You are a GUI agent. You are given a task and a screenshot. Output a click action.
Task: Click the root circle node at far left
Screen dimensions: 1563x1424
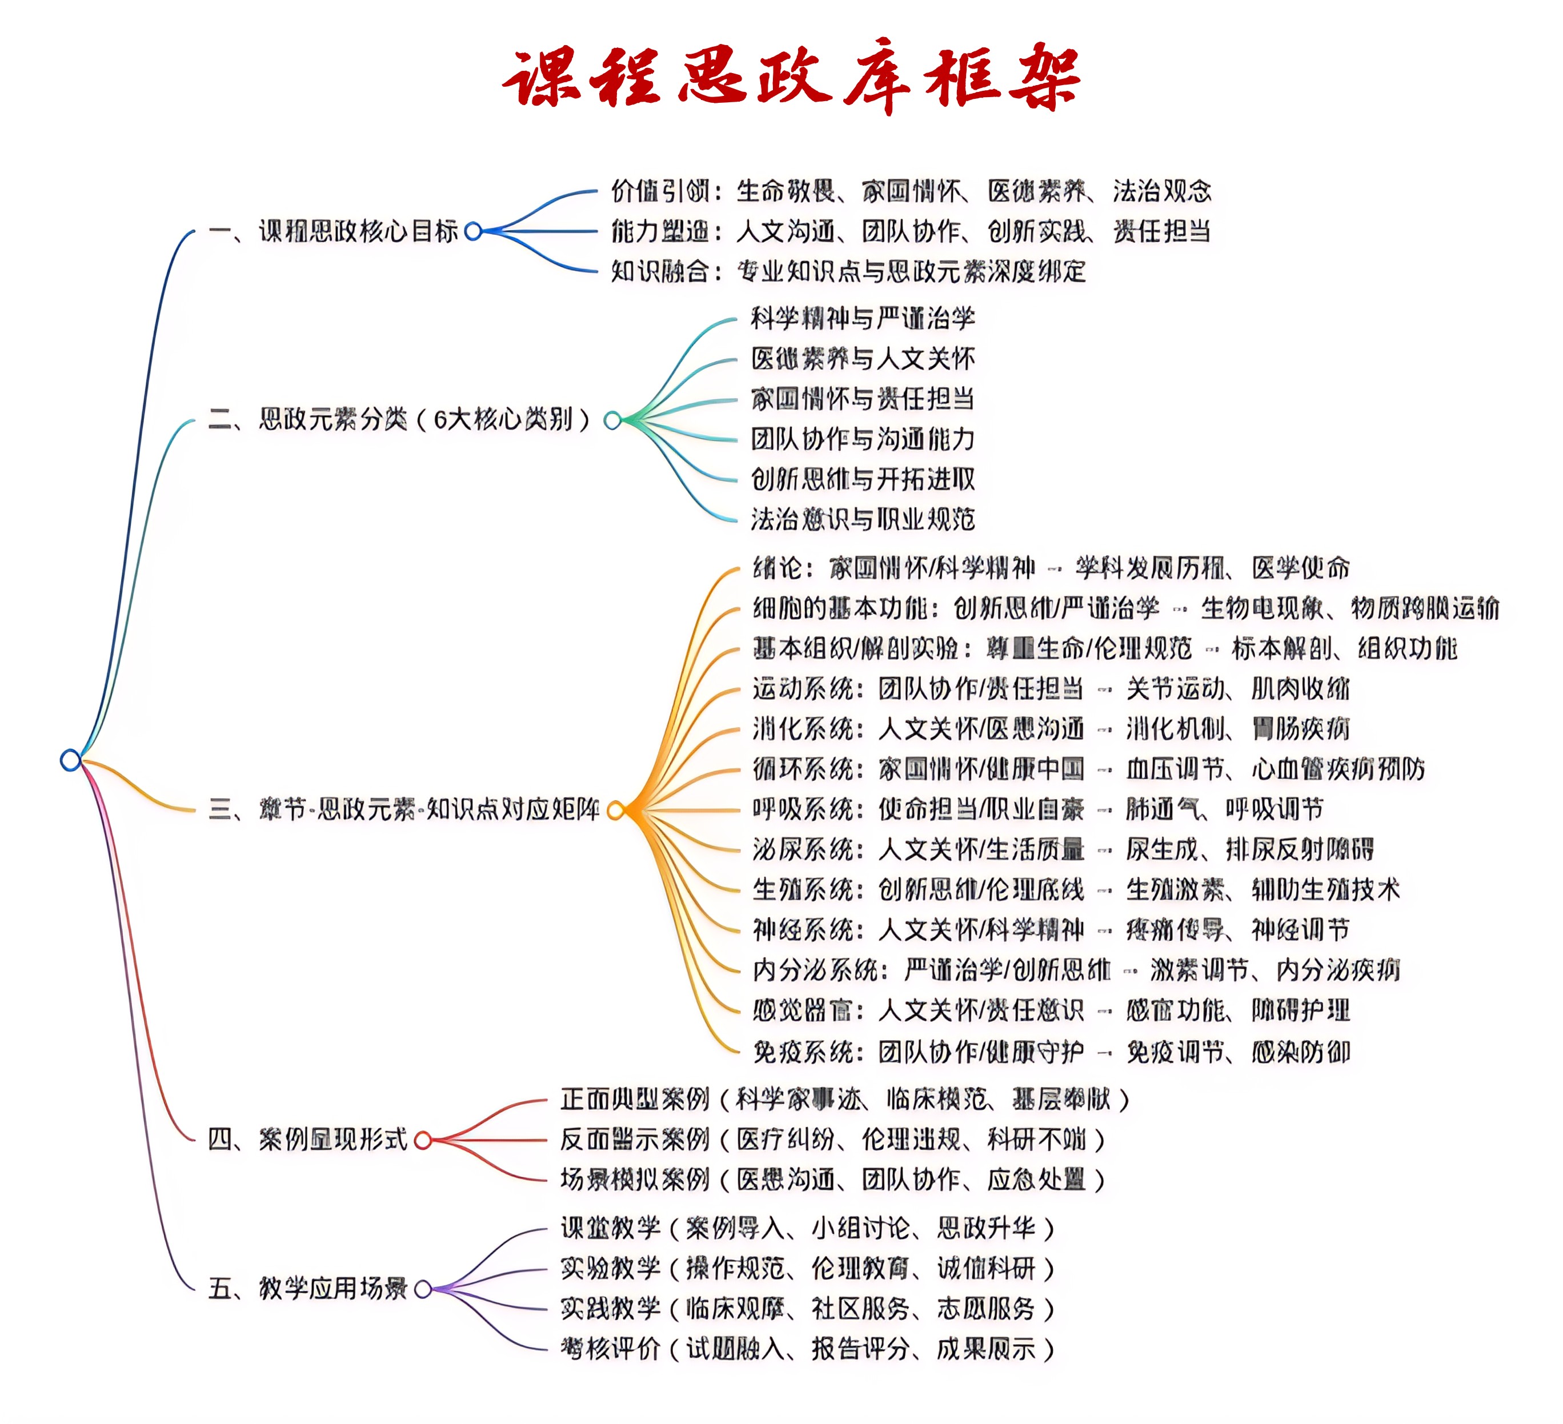coord(71,760)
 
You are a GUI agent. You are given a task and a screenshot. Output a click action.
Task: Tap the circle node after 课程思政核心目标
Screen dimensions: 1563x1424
coord(473,231)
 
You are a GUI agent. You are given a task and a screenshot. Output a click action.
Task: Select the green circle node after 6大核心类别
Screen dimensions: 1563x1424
coord(612,420)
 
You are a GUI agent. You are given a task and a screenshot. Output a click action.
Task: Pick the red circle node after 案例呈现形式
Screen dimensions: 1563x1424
coord(423,1140)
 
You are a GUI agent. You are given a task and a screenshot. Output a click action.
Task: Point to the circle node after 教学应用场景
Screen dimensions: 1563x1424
coord(423,1289)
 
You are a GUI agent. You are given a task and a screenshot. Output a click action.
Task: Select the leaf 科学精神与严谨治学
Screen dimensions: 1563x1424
coord(862,318)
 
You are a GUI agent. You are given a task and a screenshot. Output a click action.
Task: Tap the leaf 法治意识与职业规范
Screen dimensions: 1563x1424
coord(862,519)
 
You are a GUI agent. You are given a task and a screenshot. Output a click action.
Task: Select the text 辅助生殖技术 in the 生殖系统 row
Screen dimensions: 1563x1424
coord(1326,889)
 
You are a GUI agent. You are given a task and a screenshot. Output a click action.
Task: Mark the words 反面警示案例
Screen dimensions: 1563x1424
coord(634,1140)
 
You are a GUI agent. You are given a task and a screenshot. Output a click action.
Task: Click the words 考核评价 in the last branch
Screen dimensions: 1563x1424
coord(610,1349)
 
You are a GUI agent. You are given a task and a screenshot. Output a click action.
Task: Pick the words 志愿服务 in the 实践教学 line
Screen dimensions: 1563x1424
coord(985,1309)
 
